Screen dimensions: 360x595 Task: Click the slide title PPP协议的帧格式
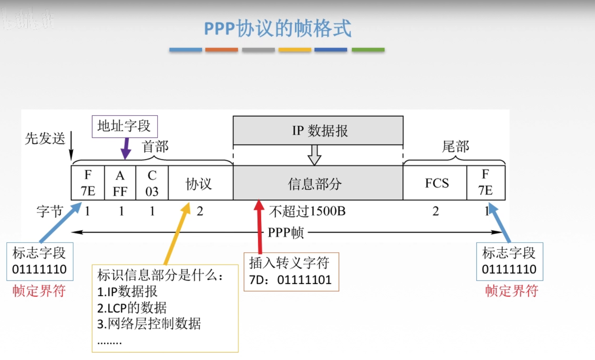click(278, 28)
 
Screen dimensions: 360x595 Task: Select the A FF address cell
click(120, 183)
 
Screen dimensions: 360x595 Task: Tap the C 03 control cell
click(152, 183)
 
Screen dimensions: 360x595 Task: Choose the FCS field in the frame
click(436, 183)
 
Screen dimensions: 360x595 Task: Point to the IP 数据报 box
click(318, 130)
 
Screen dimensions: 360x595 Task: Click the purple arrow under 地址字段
click(126, 148)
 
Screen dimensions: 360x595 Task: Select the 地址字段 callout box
click(125, 126)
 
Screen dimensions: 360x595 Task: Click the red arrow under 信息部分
click(259, 225)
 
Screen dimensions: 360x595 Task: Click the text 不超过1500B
click(307, 211)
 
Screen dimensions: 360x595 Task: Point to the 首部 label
click(155, 146)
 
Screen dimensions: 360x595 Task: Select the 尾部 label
click(455, 146)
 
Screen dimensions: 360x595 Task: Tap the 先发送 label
click(45, 138)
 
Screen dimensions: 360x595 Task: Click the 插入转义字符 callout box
click(291, 271)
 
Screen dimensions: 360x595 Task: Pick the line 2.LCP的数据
click(132, 308)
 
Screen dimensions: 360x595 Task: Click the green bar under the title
click(368, 49)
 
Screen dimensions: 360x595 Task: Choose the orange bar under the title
click(221, 49)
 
